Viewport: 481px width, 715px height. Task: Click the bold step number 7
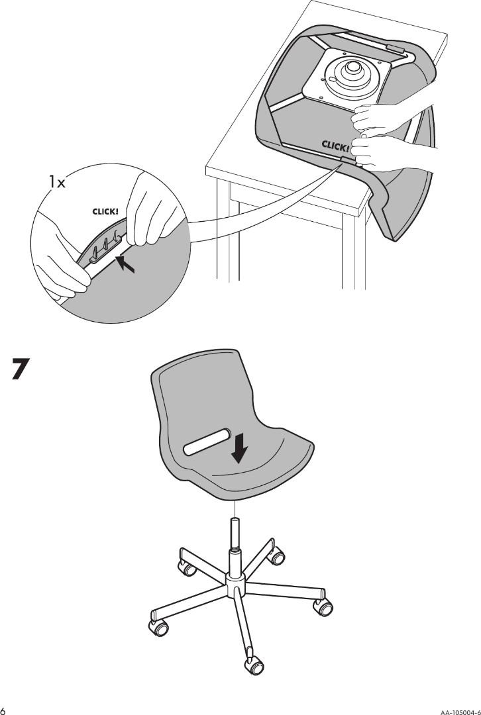[x=21, y=369]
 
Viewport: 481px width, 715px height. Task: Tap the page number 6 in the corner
[x=3, y=710]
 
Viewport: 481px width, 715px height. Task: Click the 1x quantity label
[x=58, y=183]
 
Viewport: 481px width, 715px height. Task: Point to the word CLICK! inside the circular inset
[x=105, y=212]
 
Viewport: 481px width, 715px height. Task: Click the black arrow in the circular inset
[x=125, y=264]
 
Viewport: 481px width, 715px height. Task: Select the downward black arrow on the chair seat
[x=239, y=448]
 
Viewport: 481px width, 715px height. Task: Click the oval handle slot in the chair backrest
[x=207, y=442]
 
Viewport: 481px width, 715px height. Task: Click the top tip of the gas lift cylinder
[x=235, y=520]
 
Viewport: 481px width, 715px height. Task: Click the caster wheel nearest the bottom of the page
[x=254, y=666]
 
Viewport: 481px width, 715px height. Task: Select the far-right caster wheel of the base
[x=323, y=607]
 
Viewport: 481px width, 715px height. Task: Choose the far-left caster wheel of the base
[x=158, y=627]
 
